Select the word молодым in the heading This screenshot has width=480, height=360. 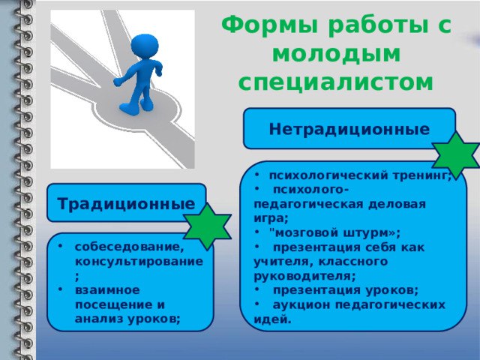point(337,54)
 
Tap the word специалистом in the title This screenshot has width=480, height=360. point(336,82)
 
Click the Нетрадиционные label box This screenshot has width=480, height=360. point(349,128)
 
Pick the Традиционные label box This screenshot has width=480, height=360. point(127,203)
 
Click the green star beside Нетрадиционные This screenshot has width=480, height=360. point(456,155)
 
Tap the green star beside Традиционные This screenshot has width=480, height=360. point(208,226)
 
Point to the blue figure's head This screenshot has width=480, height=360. point(145,46)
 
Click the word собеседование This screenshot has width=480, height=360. point(130,247)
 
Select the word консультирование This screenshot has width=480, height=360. point(139,262)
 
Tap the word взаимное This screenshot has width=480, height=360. point(107,290)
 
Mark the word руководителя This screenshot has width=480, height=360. point(303,276)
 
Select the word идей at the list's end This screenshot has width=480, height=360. point(271,319)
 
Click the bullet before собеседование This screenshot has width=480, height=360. point(60,246)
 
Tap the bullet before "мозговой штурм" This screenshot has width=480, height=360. point(257,232)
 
